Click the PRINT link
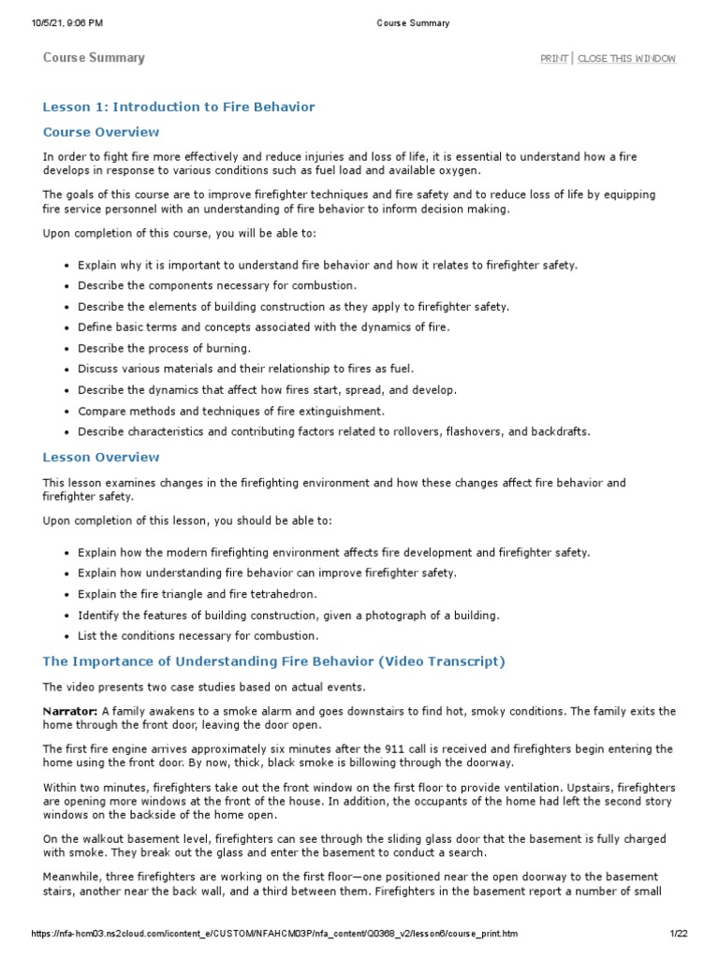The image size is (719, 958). [x=553, y=59]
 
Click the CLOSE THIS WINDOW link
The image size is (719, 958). [x=626, y=59]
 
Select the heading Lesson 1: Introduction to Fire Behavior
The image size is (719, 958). [x=179, y=107]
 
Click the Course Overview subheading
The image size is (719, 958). [x=101, y=132]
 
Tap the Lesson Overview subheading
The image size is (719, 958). [x=101, y=457]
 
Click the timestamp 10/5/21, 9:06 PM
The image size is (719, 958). [x=67, y=23]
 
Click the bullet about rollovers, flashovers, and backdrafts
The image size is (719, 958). [x=333, y=431]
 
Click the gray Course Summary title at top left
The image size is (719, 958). [x=94, y=58]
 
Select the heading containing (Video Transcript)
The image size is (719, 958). [x=273, y=661]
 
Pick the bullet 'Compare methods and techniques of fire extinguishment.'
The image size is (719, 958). [x=231, y=411]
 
